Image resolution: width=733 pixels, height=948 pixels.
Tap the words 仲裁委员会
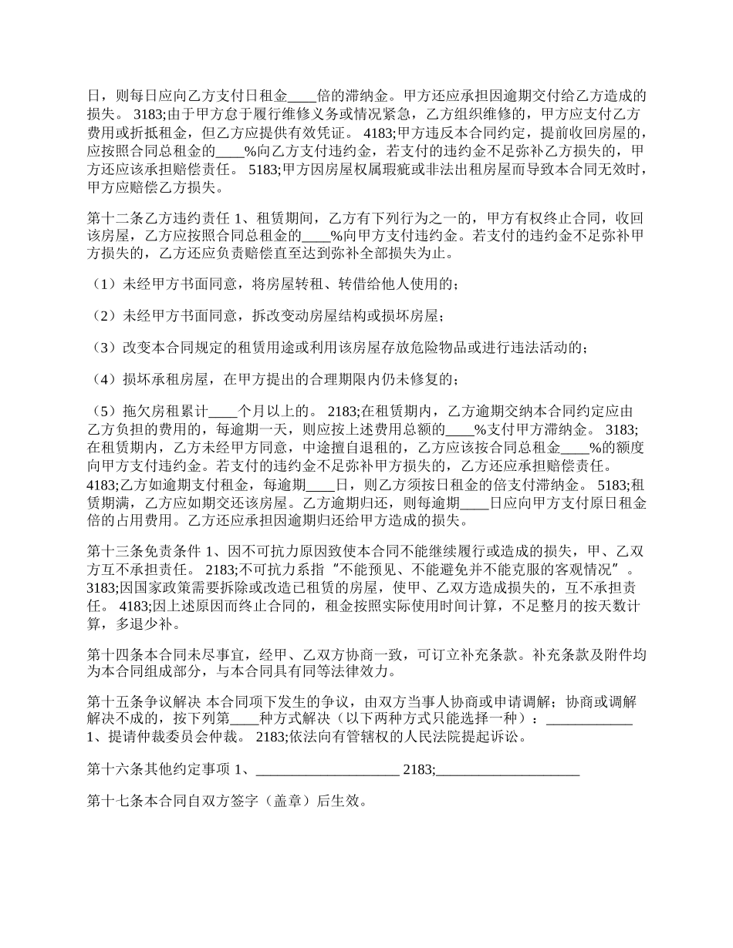pos(181,736)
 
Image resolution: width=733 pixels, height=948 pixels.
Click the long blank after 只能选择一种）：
pos(589,720)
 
